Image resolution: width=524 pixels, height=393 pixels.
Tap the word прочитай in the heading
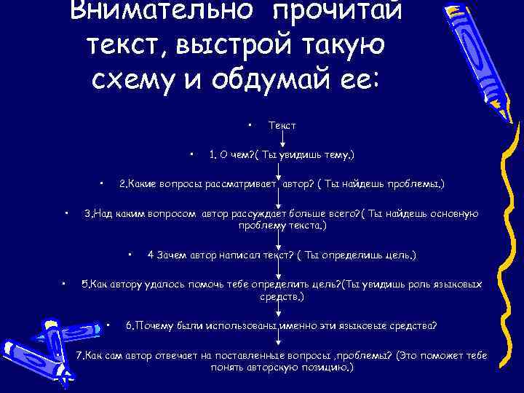(x=341, y=11)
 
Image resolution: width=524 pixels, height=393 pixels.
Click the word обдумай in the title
(x=261, y=78)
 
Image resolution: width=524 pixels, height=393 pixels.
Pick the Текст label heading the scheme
(x=282, y=125)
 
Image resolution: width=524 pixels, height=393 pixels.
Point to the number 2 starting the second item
(x=122, y=184)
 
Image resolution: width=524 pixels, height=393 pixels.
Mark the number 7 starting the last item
(x=80, y=355)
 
